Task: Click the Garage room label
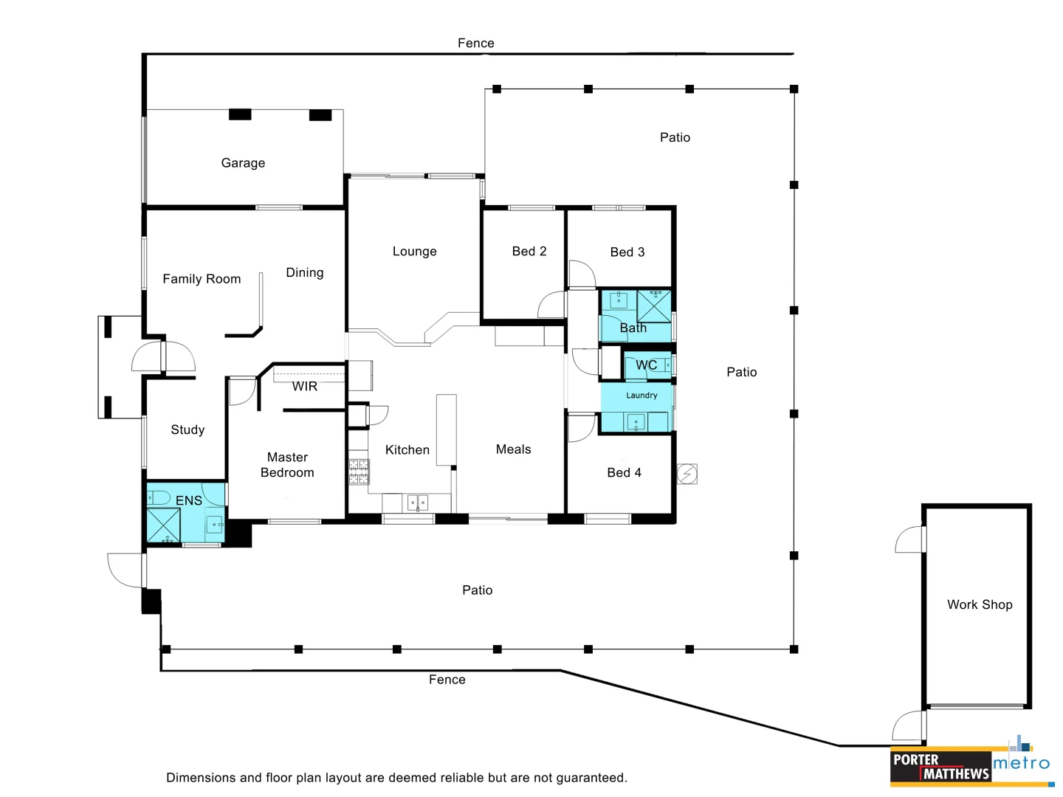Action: (x=243, y=163)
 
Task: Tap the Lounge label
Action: (x=414, y=252)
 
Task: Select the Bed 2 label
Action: (x=529, y=252)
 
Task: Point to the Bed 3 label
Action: (x=627, y=252)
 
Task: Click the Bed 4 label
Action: (x=624, y=472)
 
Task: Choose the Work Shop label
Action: (x=980, y=604)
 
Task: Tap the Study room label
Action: (x=188, y=429)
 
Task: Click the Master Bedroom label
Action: (x=287, y=465)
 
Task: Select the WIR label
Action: (x=304, y=386)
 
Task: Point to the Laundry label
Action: (x=641, y=396)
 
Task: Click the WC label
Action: (x=646, y=365)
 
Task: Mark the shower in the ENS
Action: (x=163, y=525)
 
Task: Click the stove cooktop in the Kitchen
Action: (x=359, y=472)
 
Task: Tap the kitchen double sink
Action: (x=417, y=503)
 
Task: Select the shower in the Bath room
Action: (x=654, y=306)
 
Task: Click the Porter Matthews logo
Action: (x=940, y=767)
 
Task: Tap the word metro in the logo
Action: (x=1021, y=763)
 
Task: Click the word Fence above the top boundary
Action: (x=475, y=44)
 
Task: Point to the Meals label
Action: (x=513, y=449)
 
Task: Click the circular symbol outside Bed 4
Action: (x=687, y=473)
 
